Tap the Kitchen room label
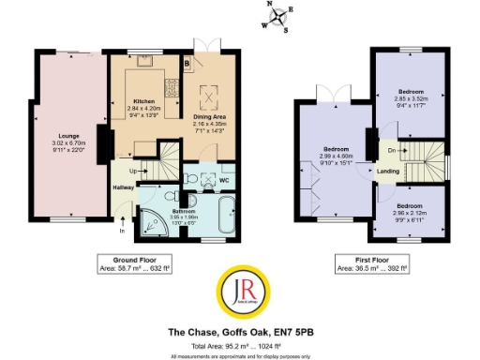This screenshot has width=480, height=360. (x=143, y=100)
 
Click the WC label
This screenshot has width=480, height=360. (x=225, y=179)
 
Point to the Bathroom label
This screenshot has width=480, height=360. (x=183, y=212)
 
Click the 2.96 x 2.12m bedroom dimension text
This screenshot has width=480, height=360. (x=412, y=212)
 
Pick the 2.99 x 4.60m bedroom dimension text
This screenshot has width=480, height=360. (x=337, y=156)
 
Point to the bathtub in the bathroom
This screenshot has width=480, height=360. (x=227, y=215)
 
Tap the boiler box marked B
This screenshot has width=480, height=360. (x=187, y=64)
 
